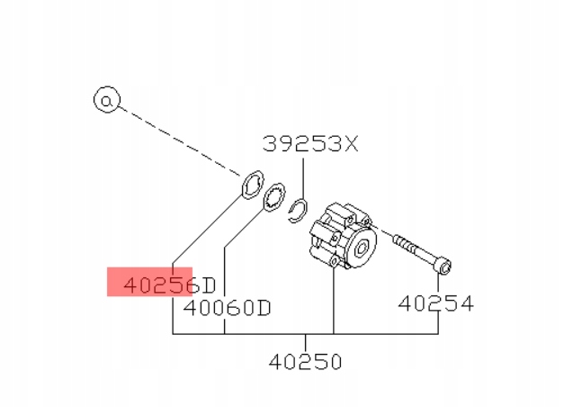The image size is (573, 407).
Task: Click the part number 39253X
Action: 310,144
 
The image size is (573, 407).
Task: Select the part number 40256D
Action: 170,285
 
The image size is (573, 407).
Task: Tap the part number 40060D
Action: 228,308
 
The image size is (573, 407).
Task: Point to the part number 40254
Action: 436,303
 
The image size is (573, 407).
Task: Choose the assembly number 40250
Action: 306,362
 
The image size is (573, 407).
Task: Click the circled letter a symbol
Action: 107,99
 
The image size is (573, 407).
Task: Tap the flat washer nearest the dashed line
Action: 253,185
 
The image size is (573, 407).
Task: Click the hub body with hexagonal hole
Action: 343,236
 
